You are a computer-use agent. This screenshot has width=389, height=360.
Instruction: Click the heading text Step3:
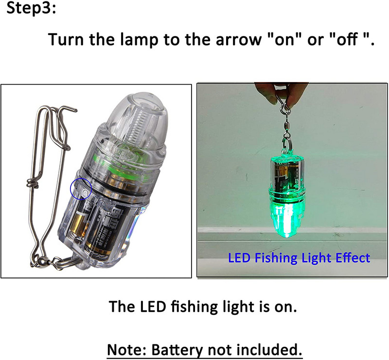(x=32, y=8)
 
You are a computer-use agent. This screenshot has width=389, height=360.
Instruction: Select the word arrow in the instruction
(x=239, y=40)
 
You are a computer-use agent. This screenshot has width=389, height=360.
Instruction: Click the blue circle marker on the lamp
(x=81, y=189)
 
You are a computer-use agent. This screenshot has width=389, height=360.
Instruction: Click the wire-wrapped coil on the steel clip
(x=33, y=184)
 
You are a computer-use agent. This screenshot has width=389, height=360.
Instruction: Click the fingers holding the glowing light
(x=281, y=93)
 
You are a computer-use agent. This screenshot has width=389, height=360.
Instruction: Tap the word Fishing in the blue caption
(x=276, y=258)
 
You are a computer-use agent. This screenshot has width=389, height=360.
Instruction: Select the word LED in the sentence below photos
(x=153, y=306)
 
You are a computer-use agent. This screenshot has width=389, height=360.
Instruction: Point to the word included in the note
(x=269, y=349)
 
